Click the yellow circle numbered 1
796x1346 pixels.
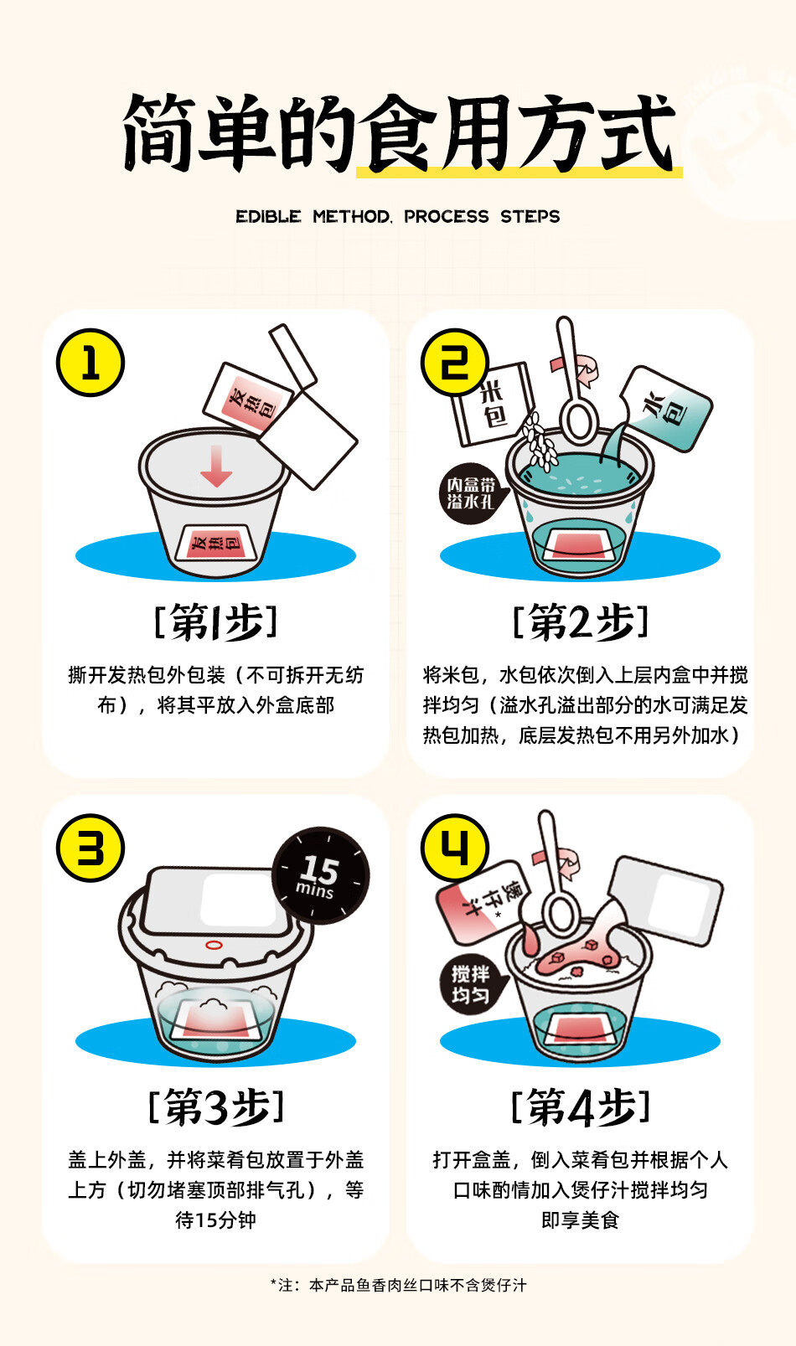(90, 363)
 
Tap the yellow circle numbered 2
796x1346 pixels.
(454, 363)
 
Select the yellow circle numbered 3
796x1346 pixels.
(90, 848)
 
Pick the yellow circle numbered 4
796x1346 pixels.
(454, 848)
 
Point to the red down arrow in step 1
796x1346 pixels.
(216, 466)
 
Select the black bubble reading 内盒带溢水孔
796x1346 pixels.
(472, 493)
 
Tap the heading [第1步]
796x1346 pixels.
(216, 622)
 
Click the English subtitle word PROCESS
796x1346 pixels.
(446, 216)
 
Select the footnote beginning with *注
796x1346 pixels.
(398, 1286)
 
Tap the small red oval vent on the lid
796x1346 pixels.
(214, 945)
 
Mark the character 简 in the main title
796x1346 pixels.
(158, 133)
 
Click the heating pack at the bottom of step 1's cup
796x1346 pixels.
(216, 543)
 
